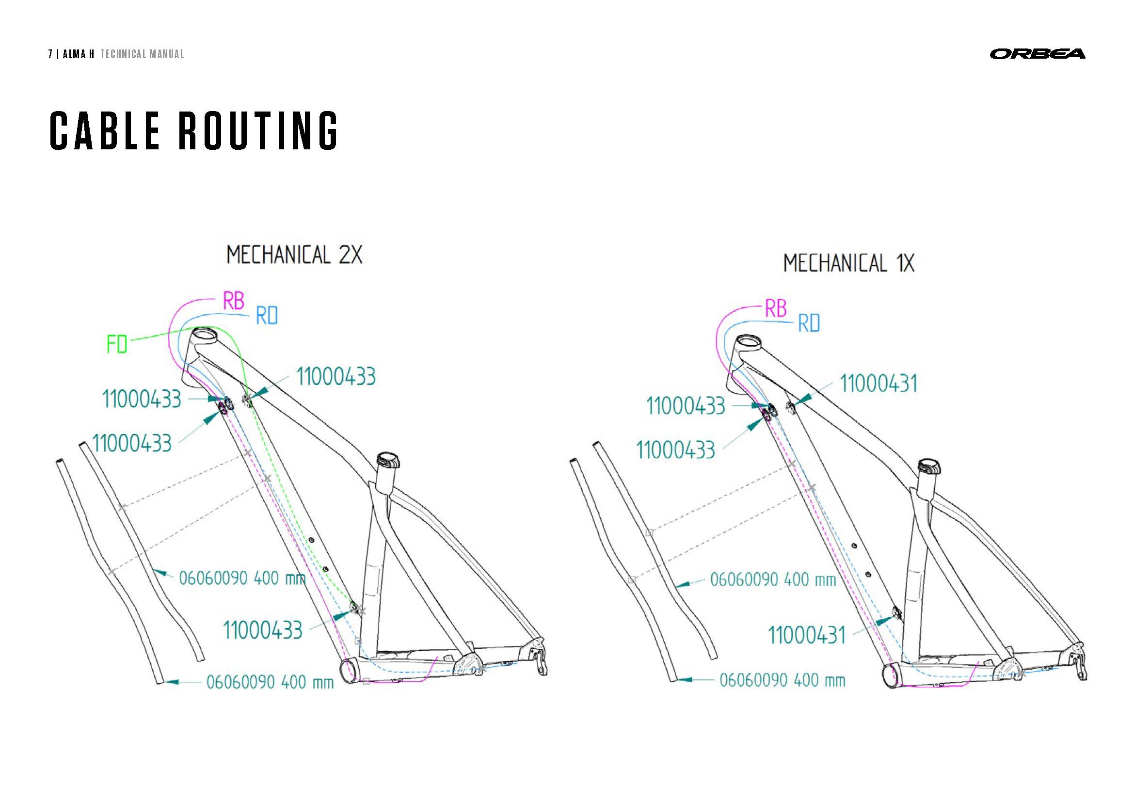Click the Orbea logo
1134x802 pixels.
(1037, 54)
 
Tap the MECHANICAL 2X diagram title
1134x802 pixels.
(294, 256)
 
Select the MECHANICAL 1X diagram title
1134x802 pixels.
(848, 263)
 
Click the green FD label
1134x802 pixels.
(117, 344)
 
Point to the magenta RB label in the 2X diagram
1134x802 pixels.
(234, 301)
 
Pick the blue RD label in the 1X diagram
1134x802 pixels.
(809, 323)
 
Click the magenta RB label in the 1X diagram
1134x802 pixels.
(775, 309)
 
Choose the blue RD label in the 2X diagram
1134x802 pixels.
(267, 316)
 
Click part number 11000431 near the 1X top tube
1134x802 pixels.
(878, 384)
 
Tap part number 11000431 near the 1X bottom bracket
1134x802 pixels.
(807, 635)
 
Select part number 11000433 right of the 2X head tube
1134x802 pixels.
(336, 377)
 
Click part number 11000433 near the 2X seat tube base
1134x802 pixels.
(262, 631)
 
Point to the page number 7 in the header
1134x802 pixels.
(50, 54)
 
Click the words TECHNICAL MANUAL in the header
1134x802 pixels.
(142, 54)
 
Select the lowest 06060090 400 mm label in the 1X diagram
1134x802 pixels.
(782, 680)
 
